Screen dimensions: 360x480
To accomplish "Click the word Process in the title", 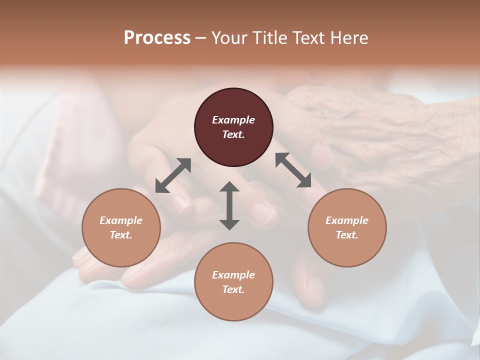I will [x=157, y=38].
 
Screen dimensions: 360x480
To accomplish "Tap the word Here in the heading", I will [x=349, y=38].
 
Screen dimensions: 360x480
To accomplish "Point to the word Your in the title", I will [x=229, y=38].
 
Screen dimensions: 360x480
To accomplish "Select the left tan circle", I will [x=121, y=227].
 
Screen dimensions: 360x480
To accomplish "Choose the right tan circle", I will [x=347, y=227].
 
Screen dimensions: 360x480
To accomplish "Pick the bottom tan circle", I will [x=233, y=282].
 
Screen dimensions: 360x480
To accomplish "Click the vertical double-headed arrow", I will [x=229, y=205].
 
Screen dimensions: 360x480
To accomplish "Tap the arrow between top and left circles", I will [x=173, y=175].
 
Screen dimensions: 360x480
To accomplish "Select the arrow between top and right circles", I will [x=293, y=170].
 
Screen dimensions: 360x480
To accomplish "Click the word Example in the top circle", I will [x=233, y=120].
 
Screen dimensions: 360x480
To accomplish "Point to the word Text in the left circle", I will [x=121, y=235].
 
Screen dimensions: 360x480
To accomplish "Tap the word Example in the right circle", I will [x=347, y=220].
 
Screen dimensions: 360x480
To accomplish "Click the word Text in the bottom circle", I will [x=233, y=289].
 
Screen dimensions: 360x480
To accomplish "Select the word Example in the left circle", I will [x=121, y=220].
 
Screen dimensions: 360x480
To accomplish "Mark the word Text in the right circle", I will [x=347, y=235].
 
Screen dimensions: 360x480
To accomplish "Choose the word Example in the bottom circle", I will [x=233, y=275].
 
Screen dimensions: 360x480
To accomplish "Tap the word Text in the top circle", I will [x=233, y=134].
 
